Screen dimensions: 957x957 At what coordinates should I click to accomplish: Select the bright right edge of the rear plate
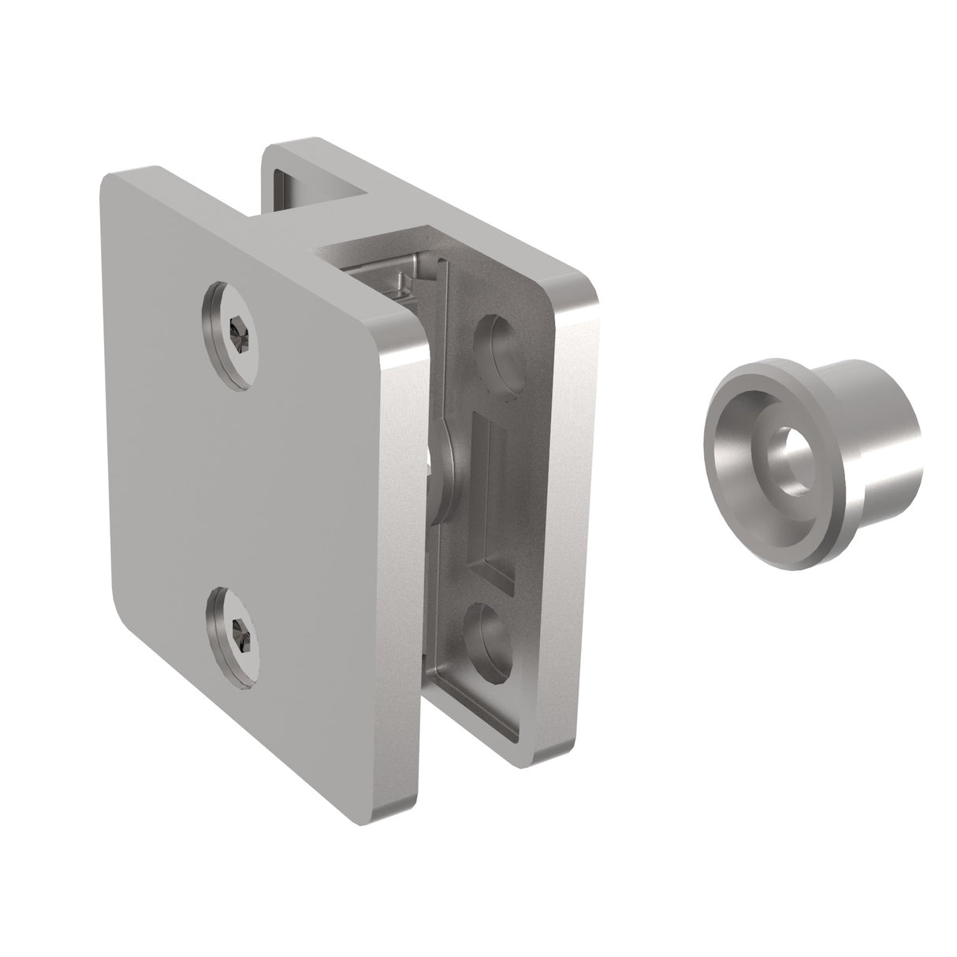[x=572, y=512]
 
